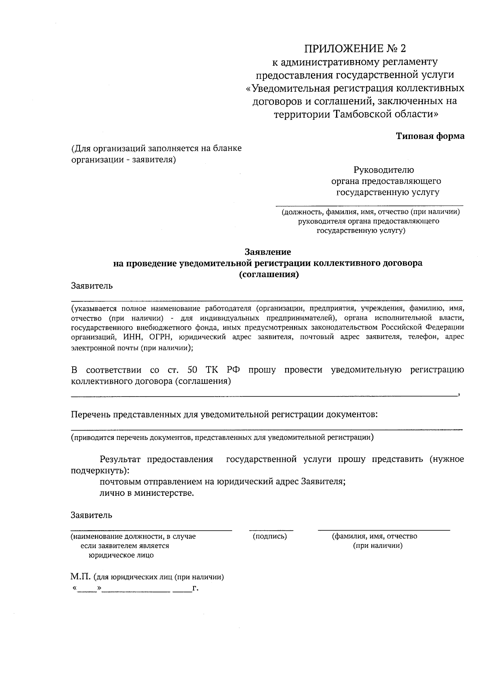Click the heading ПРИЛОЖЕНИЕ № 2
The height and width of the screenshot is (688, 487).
pos(355,49)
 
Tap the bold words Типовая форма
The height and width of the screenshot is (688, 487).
pos(430,136)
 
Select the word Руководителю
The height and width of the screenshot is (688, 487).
pos(384,170)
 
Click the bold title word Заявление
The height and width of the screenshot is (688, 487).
pos(267,252)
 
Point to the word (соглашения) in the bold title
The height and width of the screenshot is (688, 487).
pos(268,274)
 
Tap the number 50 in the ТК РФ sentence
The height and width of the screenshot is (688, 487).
pos(193,370)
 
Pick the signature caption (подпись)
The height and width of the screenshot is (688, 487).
pos(269,536)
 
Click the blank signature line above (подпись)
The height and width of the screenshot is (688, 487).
pos(271,529)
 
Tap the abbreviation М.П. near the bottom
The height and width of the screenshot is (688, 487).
pos(81,577)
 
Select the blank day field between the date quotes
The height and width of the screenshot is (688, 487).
pos(87,589)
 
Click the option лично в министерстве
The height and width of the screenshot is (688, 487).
pos(147,493)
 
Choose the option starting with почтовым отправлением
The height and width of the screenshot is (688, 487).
pos(222,482)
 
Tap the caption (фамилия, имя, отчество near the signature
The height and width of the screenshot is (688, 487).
pos(375,536)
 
